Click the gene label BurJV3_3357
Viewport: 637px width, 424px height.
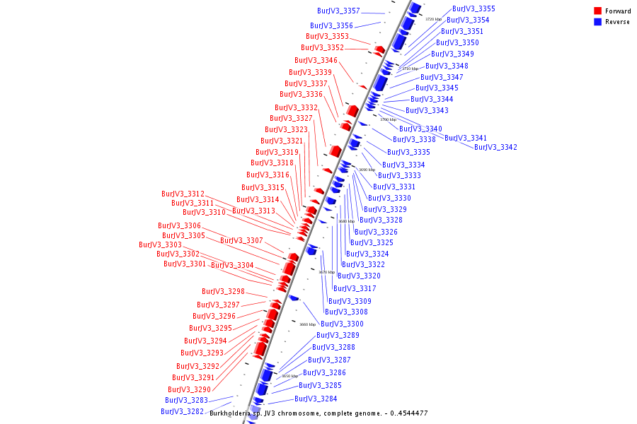[338, 11]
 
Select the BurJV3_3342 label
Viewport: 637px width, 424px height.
[495, 148]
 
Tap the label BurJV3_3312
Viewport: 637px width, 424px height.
[183, 194]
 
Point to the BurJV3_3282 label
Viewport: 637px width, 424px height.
[182, 411]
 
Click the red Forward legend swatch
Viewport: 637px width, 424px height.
[598, 11]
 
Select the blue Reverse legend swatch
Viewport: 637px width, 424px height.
[598, 22]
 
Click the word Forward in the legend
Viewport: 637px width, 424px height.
[618, 11]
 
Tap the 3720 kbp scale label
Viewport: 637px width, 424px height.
[433, 19]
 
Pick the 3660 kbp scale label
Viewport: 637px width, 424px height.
[308, 324]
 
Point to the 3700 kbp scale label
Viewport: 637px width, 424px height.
[389, 119]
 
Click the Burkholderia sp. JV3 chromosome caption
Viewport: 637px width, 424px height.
[318, 413]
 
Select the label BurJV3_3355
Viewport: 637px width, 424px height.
[474, 9]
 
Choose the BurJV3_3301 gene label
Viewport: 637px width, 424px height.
[185, 264]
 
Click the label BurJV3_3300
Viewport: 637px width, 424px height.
[342, 324]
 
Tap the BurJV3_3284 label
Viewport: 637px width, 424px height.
[316, 399]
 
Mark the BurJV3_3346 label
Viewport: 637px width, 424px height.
[316, 61]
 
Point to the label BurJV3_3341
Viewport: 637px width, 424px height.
[466, 139]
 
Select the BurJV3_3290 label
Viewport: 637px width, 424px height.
[189, 390]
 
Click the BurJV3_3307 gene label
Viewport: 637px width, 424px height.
[241, 241]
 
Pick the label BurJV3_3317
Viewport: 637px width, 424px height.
[355, 289]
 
